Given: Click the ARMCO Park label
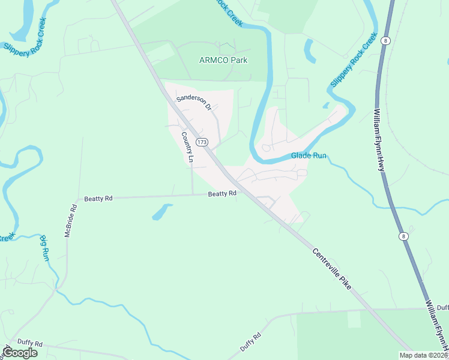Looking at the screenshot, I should [223, 60].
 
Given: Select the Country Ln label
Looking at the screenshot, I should [188, 148].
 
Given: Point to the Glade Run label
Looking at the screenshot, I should [309, 155].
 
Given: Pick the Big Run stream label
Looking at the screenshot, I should [46, 247].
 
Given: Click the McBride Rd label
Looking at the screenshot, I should [71, 221].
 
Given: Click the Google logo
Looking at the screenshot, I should [20, 353].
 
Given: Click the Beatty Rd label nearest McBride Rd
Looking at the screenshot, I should [98, 198].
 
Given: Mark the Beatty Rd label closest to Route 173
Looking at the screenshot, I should [222, 194].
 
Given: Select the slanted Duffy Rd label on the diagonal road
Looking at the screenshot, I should [251, 341].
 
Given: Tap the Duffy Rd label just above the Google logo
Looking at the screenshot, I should [30, 344].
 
